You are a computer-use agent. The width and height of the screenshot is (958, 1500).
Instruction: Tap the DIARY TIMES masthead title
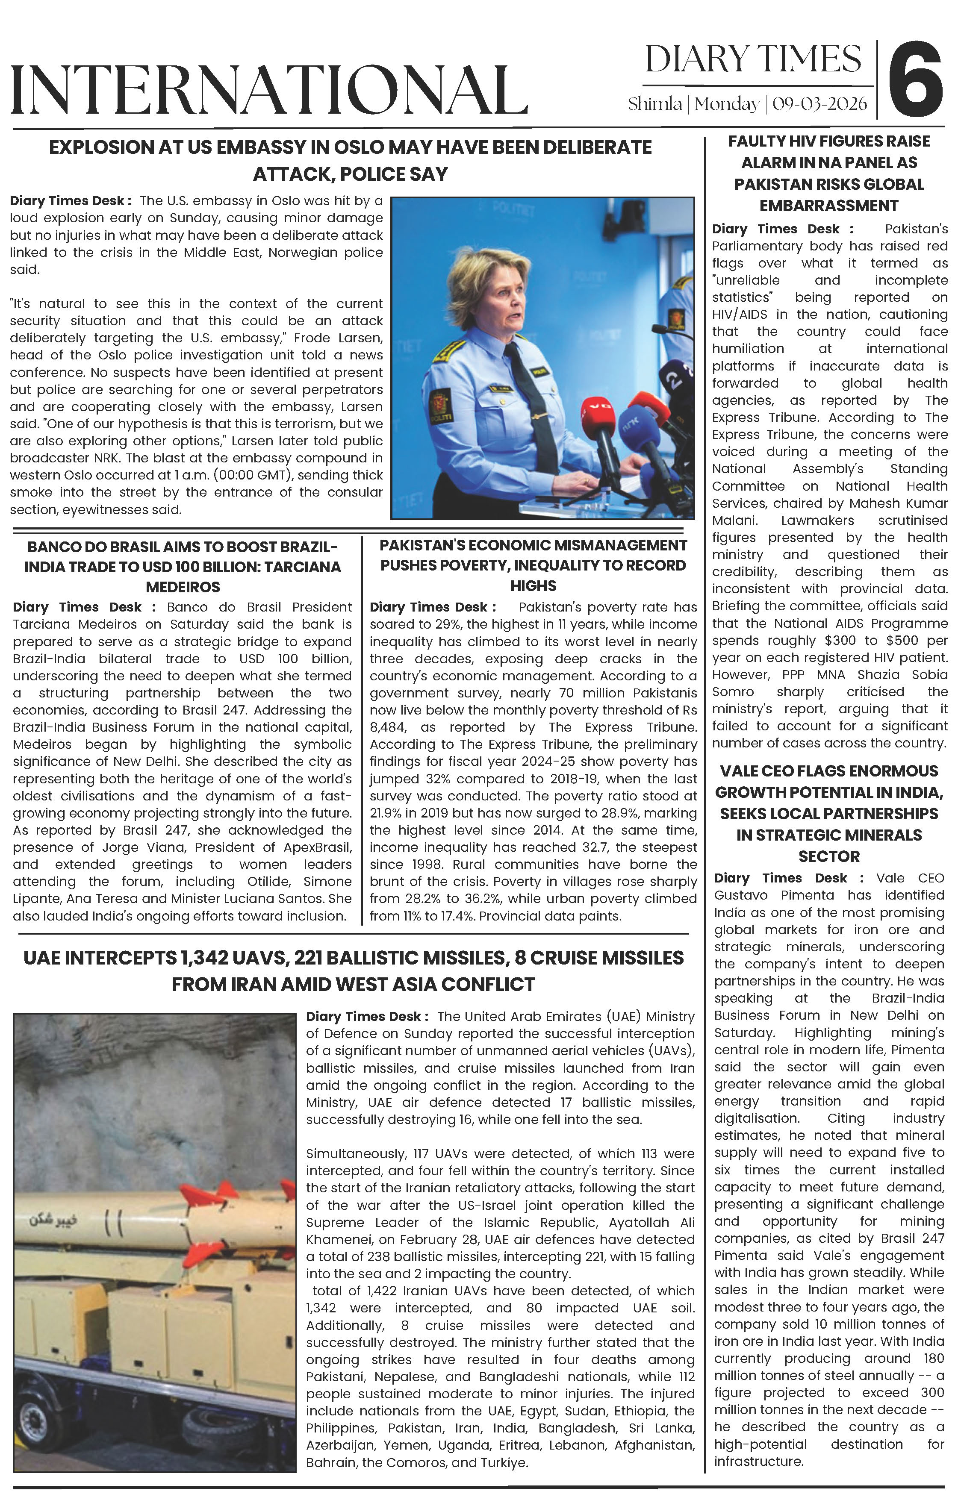tap(753, 60)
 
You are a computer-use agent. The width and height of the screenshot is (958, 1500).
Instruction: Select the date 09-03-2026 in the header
tap(819, 104)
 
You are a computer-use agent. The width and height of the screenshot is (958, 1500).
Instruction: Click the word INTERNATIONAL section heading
tap(269, 90)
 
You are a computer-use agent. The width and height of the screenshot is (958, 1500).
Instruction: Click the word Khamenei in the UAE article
tap(336, 1240)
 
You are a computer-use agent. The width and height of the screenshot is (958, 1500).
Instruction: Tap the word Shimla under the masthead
tap(654, 104)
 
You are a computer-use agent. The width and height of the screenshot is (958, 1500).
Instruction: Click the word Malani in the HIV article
tap(734, 520)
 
